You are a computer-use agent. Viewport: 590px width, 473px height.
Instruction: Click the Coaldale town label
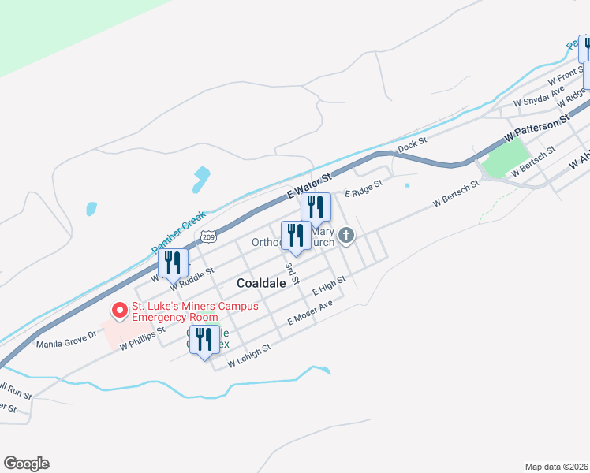[261, 282]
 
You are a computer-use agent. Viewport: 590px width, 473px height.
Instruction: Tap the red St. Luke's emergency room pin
[120, 311]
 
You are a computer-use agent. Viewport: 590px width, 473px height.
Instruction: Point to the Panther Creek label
[178, 232]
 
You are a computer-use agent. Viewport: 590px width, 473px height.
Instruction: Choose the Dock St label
[412, 143]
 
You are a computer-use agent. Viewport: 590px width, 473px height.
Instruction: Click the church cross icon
[345, 235]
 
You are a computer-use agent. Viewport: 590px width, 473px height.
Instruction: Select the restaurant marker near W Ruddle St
[172, 264]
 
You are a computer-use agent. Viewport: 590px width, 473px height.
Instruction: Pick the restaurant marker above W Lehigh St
[204, 341]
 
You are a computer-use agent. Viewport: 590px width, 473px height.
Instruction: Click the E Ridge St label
[363, 188]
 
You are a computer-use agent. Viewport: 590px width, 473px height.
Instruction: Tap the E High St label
[329, 285]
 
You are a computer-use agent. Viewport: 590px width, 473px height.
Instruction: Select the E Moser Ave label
[310, 313]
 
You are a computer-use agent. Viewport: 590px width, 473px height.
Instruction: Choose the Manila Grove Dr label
[65, 340]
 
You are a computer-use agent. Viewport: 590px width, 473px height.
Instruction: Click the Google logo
[26, 464]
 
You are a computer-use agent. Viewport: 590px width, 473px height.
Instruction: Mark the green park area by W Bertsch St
[502, 158]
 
